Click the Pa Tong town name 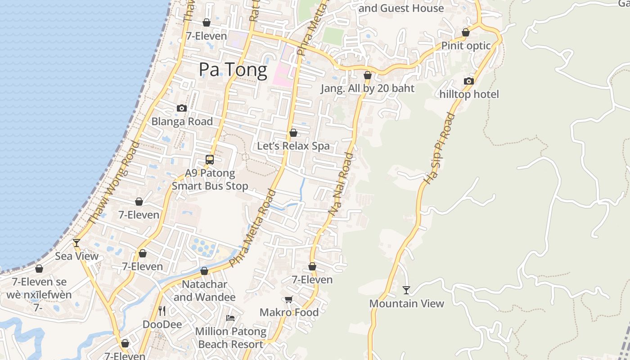(x=233, y=70)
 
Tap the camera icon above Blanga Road (x=182, y=108)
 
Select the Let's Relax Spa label (x=293, y=146)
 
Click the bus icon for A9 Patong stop (x=210, y=159)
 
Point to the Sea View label (x=76, y=256)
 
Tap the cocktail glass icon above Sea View (x=76, y=243)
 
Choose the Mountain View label (x=406, y=303)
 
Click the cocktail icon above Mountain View (x=406, y=290)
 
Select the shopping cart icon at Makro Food (x=289, y=299)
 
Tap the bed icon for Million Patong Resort (x=230, y=318)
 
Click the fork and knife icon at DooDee (x=162, y=310)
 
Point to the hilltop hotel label (x=469, y=94)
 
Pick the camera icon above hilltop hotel (x=469, y=81)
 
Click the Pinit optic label (x=466, y=45)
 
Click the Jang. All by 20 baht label (x=367, y=88)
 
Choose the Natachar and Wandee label (x=204, y=291)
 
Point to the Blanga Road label (x=182, y=121)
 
